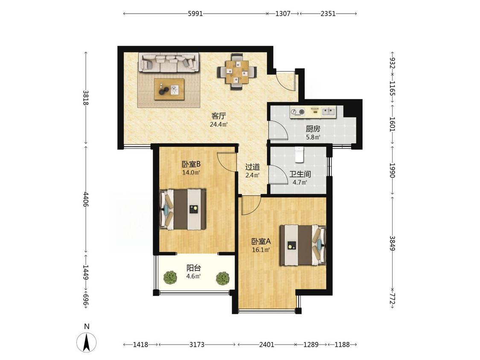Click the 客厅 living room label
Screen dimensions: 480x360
[x=219, y=116]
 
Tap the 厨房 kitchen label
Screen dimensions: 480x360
[x=313, y=129]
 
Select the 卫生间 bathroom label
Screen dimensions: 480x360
[x=300, y=174]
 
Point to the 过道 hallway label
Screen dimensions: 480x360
[x=253, y=167]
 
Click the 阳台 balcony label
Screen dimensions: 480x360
[x=194, y=268]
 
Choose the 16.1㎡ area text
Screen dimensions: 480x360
[x=261, y=250]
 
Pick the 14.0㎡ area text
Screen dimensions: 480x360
[x=191, y=172]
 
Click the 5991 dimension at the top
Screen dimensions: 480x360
[x=195, y=14]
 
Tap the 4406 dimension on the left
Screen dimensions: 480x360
[x=86, y=199]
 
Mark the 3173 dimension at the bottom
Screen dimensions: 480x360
[x=197, y=345]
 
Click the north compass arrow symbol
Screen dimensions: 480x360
[x=87, y=342]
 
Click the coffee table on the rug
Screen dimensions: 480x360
[x=169, y=89]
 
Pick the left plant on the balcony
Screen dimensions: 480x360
[x=170, y=277]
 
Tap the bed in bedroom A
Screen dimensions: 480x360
[x=303, y=245]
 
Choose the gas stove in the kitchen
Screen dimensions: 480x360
[x=298, y=112]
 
